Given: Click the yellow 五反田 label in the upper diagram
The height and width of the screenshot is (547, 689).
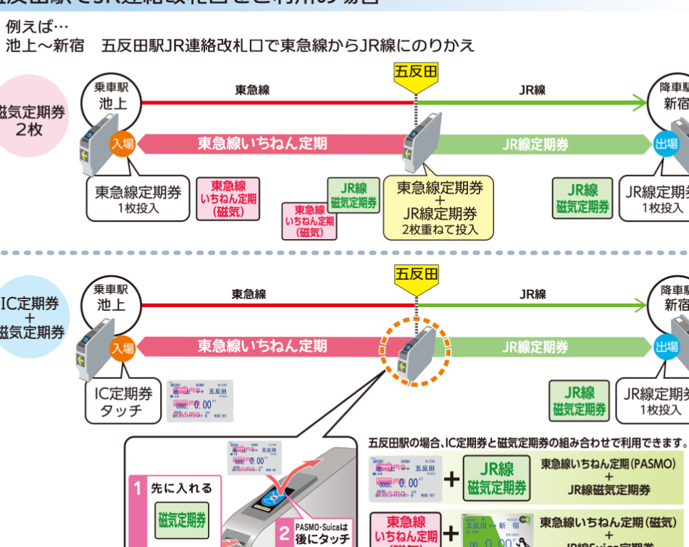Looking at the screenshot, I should coord(415,71).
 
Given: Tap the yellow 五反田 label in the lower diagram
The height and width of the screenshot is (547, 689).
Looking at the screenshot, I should coord(416,273).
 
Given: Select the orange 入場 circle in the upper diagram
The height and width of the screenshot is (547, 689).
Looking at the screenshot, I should coord(122,143).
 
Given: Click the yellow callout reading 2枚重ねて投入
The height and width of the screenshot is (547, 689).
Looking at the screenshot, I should coord(439,207).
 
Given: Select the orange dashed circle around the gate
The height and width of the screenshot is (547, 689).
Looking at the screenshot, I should coord(416,352).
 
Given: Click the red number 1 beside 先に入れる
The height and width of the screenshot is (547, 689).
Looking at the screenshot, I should coord(138,488).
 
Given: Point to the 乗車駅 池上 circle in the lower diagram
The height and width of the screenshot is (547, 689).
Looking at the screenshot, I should coord(112,298).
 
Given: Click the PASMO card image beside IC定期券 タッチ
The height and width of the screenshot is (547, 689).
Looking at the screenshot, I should coord(201,401).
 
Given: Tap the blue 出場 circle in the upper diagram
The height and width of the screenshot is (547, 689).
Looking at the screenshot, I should coord(666,143).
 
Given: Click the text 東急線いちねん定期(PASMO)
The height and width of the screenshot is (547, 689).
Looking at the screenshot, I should coord(608,464).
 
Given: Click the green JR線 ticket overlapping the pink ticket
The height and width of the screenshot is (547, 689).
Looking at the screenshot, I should coord(354,194).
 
